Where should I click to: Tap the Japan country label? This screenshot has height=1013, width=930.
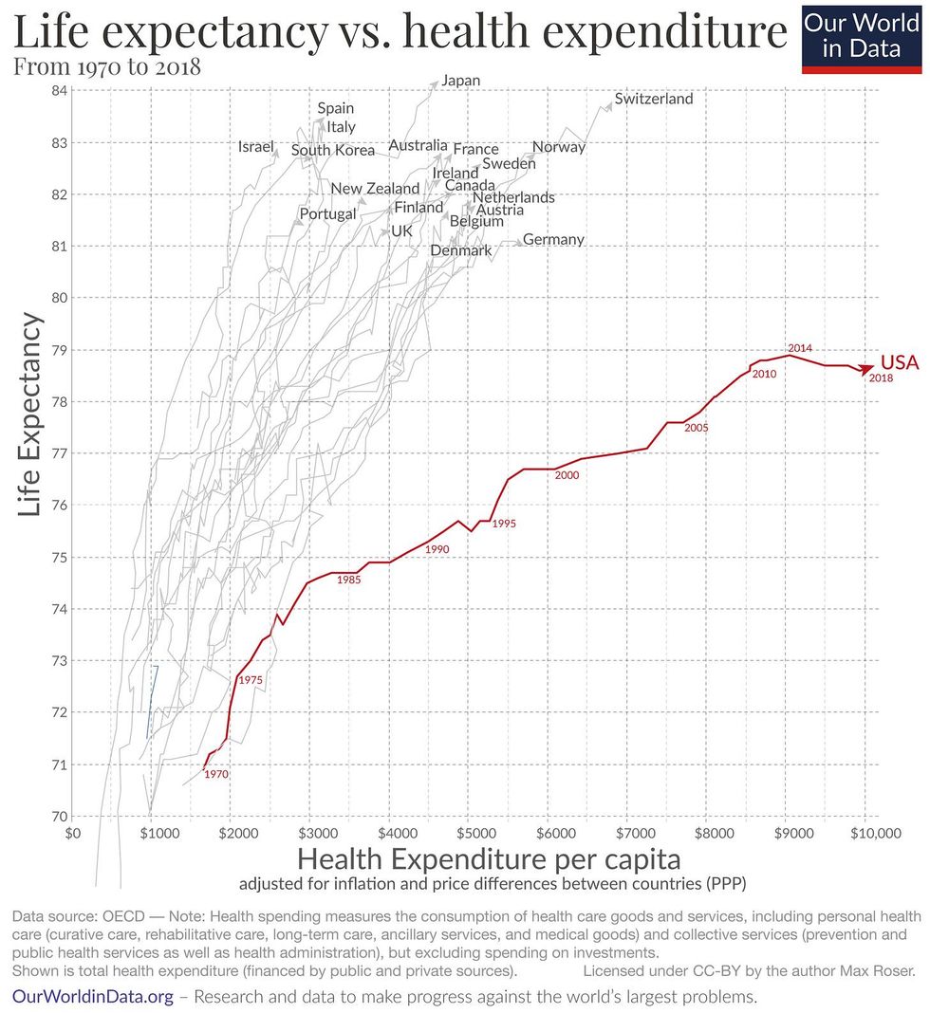click(x=461, y=81)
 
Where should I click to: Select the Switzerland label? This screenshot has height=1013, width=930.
click(x=654, y=99)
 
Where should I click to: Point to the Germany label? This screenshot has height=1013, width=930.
click(x=553, y=239)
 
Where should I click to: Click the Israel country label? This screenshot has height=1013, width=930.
click(x=256, y=147)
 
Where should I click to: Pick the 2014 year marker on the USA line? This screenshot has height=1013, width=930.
click(x=801, y=347)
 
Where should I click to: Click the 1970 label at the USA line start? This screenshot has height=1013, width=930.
click(x=216, y=775)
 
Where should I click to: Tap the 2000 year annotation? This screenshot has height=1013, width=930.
click(x=567, y=475)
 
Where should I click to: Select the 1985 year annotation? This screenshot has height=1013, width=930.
click(x=348, y=579)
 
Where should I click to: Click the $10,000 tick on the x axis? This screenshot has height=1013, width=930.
click(x=865, y=834)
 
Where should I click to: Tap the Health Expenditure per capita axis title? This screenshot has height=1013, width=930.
click(x=489, y=860)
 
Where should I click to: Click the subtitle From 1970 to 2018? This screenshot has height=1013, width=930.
click(x=106, y=68)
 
